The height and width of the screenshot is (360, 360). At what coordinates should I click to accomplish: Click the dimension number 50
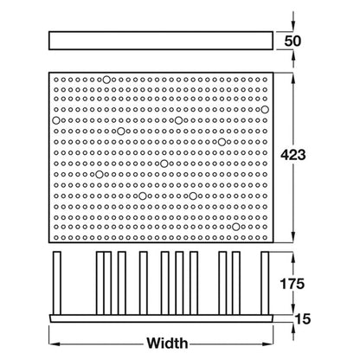point(292,41)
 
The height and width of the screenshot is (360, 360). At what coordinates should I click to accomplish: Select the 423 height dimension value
point(293,155)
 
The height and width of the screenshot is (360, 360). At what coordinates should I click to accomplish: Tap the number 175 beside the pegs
point(292,284)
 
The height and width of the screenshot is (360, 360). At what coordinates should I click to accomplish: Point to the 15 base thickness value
point(303,319)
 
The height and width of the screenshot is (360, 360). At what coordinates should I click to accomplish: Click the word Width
point(167,344)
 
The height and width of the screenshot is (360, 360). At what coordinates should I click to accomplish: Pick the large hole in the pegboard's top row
point(106,80)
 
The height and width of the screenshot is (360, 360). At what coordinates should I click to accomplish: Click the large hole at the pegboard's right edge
point(265,110)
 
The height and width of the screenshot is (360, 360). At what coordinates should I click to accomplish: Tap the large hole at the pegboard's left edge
point(56,120)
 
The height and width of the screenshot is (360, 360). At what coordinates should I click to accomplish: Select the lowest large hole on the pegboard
point(236,227)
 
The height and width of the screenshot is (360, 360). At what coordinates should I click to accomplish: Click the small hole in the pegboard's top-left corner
point(56,80)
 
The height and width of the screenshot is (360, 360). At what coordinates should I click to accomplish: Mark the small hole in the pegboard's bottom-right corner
point(265,238)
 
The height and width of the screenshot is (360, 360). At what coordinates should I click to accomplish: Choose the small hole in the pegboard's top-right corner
point(265,80)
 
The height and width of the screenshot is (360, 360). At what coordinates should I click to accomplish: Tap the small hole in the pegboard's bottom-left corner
point(56,238)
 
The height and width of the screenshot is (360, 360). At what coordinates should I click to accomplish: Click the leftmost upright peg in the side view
point(57,283)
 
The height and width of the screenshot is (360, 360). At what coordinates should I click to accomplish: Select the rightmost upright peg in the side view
point(265,283)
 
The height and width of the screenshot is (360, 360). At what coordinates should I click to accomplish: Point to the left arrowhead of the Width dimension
point(55,344)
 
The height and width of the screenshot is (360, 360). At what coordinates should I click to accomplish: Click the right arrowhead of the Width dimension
point(267,344)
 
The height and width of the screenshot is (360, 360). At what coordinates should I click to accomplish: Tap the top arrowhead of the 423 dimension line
point(293,78)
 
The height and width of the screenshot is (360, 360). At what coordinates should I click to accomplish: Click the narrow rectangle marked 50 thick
point(161,41)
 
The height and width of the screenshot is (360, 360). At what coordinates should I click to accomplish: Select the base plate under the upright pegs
point(161,318)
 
